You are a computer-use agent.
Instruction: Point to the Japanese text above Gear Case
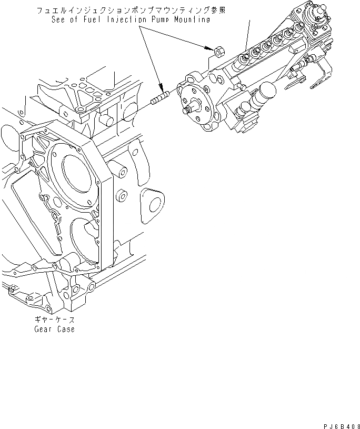(55, 320)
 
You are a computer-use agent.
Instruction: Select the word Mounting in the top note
(189, 20)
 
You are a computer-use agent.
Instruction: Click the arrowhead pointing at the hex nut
(209, 47)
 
